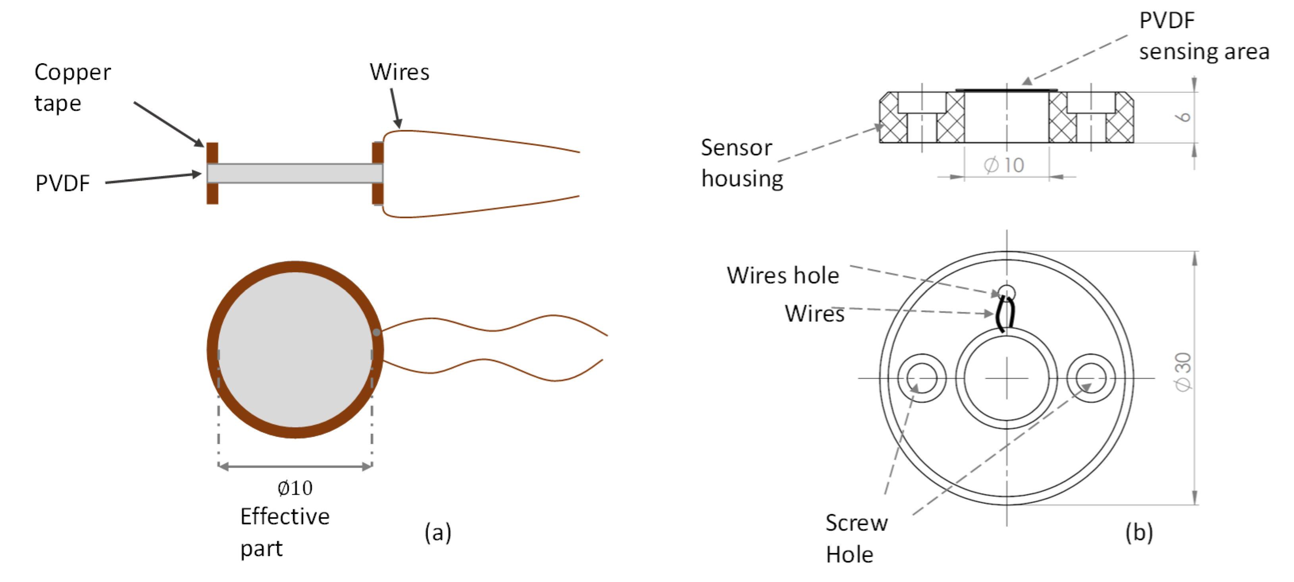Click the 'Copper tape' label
click(x=72, y=88)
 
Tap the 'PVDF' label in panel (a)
click(x=62, y=184)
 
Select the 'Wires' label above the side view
click(x=399, y=72)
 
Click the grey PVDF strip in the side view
click(x=295, y=173)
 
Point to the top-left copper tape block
click(x=212, y=153)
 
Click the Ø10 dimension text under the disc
click(x=295, y=488)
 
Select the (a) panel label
click(x=437, y=532)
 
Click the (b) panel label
click(x=1138, y=532)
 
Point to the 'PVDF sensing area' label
click(x=1203, y=36)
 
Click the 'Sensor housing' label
click(x=741, y=163)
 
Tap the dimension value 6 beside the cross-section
click(x=1184, y=117)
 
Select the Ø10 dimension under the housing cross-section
click(x=1004, y=165)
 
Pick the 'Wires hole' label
click(x=783, y=275)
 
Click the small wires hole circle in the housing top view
click(x=1006, y=292)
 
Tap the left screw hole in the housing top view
click(x=922, y=378)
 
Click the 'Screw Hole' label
click(x=856, y=539)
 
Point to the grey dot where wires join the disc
click(x=376, y=332)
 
